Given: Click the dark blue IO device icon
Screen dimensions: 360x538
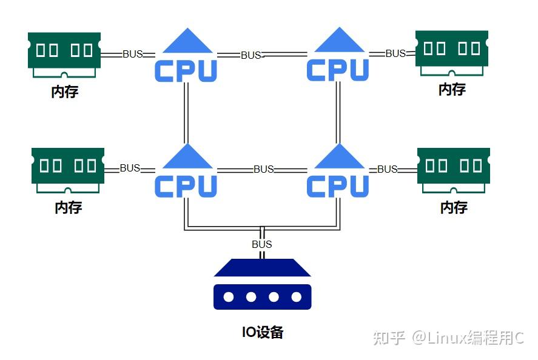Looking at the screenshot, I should tap(262, 284).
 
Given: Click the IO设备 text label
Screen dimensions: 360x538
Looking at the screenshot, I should tap(263, 332).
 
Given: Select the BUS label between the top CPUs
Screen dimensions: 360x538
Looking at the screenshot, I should tap(251, 55).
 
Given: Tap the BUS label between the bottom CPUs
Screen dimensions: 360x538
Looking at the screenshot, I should tap(264, 169).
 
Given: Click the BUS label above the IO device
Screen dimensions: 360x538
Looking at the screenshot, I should tap(262, 244).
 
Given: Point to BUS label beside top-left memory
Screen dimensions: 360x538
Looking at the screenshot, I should tap(133, 54).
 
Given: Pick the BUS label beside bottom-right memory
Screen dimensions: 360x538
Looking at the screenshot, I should tap(388, 169).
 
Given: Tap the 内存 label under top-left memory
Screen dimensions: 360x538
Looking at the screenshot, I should tap(65, 92).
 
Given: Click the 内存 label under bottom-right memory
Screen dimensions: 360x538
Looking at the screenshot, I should tap(454, 207).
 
